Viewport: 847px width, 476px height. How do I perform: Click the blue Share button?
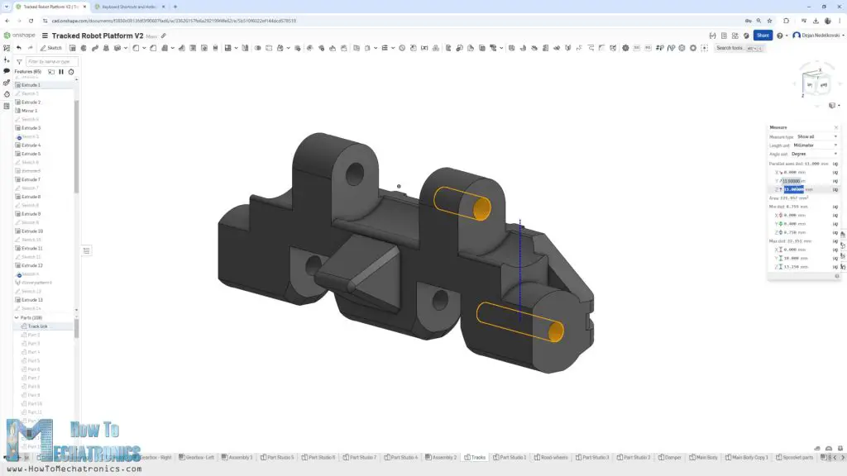pyautogui.click(x=762, y=36)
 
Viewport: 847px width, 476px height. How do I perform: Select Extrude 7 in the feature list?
pyautogui.click(x=31, y=179)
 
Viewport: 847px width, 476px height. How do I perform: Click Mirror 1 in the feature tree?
pyautogui.click(x=29, y=111)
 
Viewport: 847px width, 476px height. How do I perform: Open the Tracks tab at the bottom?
pyautogui.click(x=476, y=457)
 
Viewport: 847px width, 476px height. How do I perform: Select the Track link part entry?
pyautogui.click(x=37, y=326)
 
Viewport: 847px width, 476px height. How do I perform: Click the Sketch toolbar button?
pyautogui.click(x=51, y=48)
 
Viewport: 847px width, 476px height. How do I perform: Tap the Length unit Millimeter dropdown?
pyautogui.click(x=815, y=145)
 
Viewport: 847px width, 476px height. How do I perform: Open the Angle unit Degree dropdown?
pyautogui.click(x=815, y=154)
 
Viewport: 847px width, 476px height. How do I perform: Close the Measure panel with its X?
pyautogui.click(x=835, y=127)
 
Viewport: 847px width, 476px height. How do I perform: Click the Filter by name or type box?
pyautogui.click(x=51, y=62)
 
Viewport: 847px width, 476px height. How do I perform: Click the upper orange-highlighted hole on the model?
pyautogui.click(x=481, y=207)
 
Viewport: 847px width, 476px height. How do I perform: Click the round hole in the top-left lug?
pyautogui.click(x=354, y=173)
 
